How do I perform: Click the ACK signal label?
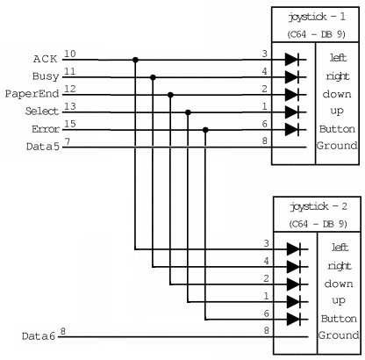(x=45, y=59)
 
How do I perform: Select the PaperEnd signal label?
(x=32, y=94)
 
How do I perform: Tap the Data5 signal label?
(x=43, y=147)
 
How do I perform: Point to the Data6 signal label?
(x=39, y=336)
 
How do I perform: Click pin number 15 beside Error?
(x=70, y=124)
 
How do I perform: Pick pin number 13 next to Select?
(x=70, y=106)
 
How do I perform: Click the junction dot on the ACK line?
(x=135, y=60)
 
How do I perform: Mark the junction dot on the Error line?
(x=205, y=130)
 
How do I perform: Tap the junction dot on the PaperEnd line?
(x=170, y=95)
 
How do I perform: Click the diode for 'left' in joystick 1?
(x=292, y=60)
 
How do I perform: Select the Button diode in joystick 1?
(x=292, y=130)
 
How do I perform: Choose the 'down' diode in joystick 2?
(x=294, y=284)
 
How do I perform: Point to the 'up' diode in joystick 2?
(x=294, y=302)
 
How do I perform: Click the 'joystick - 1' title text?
(x=317, y=17)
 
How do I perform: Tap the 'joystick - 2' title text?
(x=318, y=206)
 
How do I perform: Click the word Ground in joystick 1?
(x=337, y=145)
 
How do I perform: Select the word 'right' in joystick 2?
(x=340, y=266)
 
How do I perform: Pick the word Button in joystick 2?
(x=339, y=318)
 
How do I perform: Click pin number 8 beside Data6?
(x=63, y=332)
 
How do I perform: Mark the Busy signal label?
(x=46, y=76)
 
